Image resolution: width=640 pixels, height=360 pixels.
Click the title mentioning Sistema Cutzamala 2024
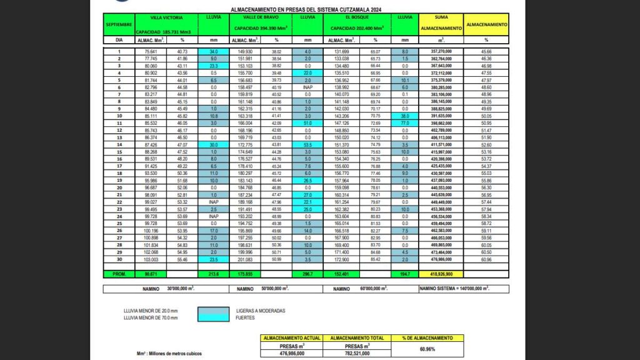[306, 10]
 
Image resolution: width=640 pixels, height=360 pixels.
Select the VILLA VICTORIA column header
[166, 18]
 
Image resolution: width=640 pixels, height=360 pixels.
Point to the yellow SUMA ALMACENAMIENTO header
[441, 23]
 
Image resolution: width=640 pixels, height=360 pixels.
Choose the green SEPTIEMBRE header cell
[119, 24]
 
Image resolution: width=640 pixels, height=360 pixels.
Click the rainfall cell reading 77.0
[404, 123]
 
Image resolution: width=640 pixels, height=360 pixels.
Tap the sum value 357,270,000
[441, 51]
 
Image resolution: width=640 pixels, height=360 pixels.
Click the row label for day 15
[119, 152]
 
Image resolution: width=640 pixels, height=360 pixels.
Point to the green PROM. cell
[119, 274]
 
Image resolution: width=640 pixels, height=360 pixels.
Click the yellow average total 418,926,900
[441, 274]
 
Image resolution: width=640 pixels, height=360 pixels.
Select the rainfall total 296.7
[307, 274]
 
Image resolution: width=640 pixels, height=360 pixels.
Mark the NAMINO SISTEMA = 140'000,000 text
[454, 289]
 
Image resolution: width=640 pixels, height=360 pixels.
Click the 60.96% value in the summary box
[427, 349]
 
